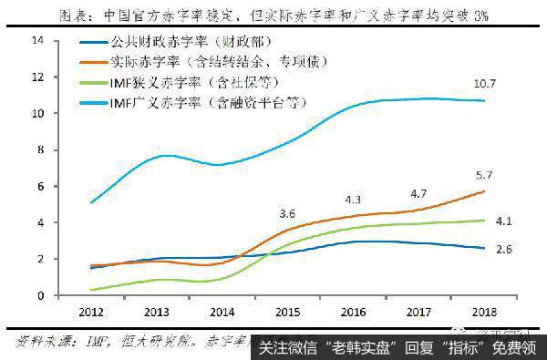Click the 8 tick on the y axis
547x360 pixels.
click(39, 150)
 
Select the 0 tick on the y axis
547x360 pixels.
click(39, 295)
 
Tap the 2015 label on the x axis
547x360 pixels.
click(287, 314)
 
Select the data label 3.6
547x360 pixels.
click(287, 214)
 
